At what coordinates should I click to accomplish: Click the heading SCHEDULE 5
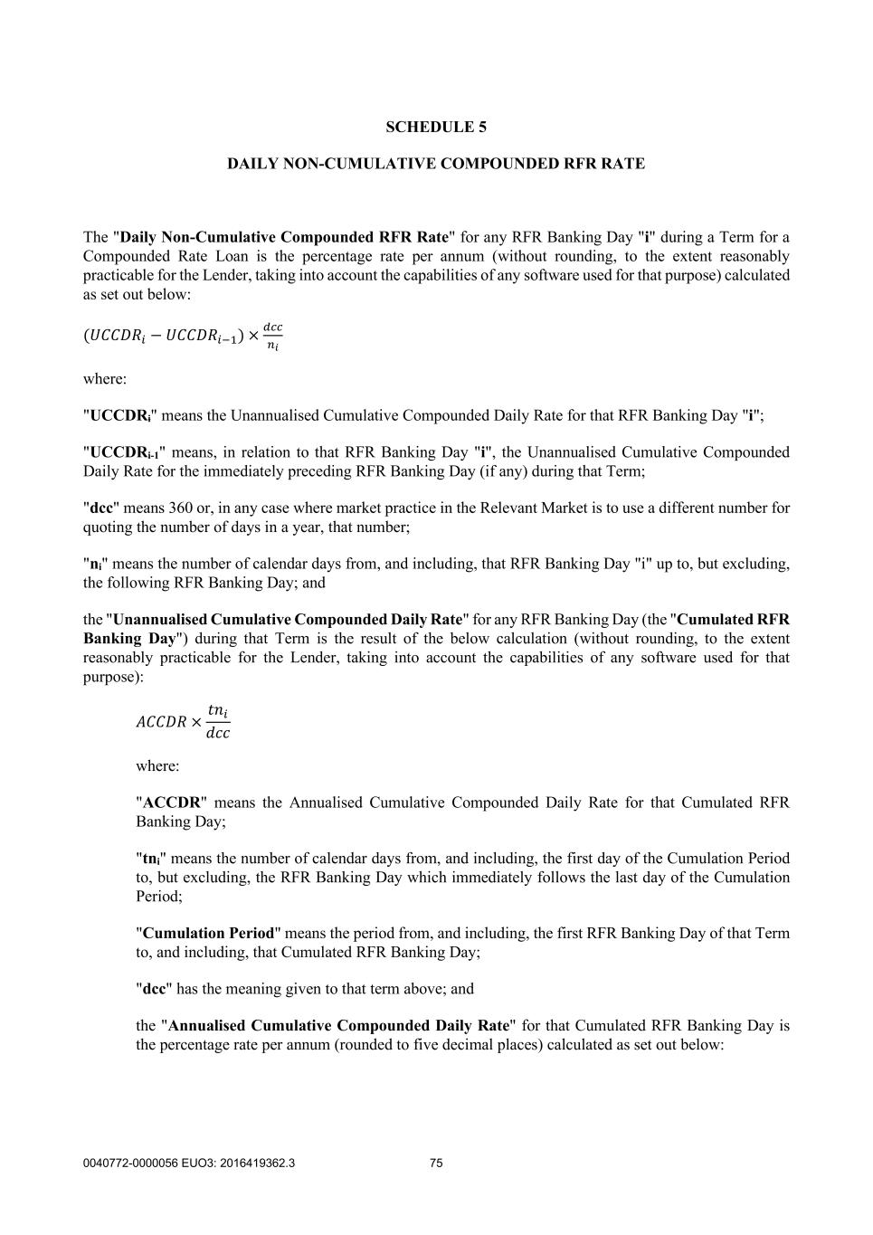coord(436,127)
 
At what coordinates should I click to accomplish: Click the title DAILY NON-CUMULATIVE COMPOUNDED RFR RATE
coord(436,164)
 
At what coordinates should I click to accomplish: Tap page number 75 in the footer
coord(436,1164)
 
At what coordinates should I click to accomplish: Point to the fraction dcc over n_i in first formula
coord(272,336)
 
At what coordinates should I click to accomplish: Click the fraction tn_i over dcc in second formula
coord(218,721)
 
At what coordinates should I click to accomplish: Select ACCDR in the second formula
coord(161,722)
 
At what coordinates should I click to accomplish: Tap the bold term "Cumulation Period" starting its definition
coord(208,933)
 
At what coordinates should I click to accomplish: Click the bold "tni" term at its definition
coord(151,859)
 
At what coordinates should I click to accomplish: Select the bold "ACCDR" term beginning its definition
coord(171,803)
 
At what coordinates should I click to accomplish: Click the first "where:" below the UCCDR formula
coord(105,379)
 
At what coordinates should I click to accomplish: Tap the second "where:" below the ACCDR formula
coord(157,765)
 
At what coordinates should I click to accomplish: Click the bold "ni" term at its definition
coord(94,564)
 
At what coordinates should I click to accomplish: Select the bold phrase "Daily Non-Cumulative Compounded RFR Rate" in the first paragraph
coord(284,237)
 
